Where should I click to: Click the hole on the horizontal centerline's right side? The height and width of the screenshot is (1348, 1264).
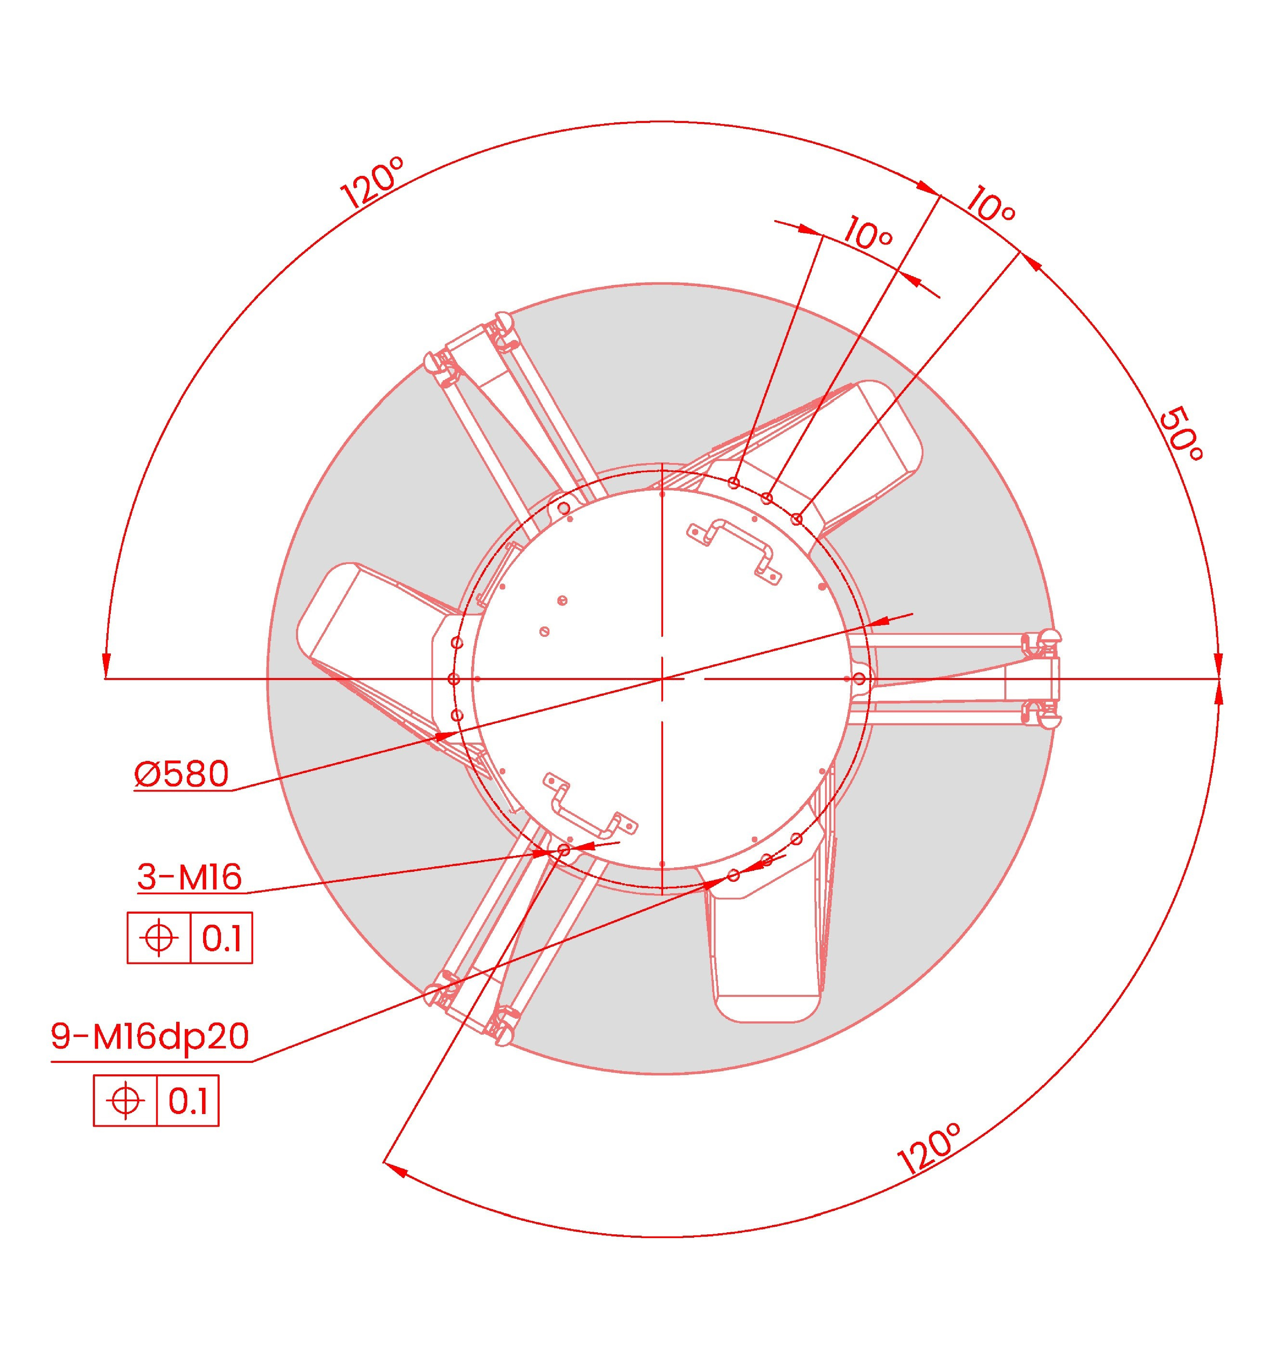click(859, 679)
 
